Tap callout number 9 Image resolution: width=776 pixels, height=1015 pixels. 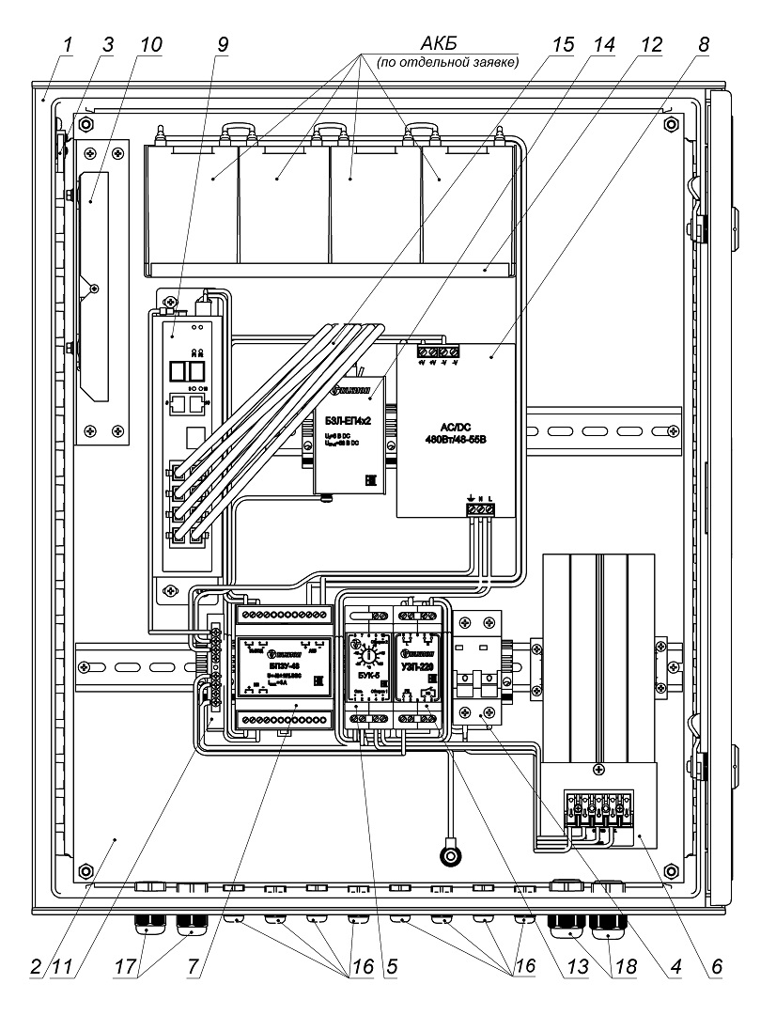pyautogui.click(x=222, y=43)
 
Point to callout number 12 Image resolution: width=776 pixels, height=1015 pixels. pyautogui.click(x=650, y=43)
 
